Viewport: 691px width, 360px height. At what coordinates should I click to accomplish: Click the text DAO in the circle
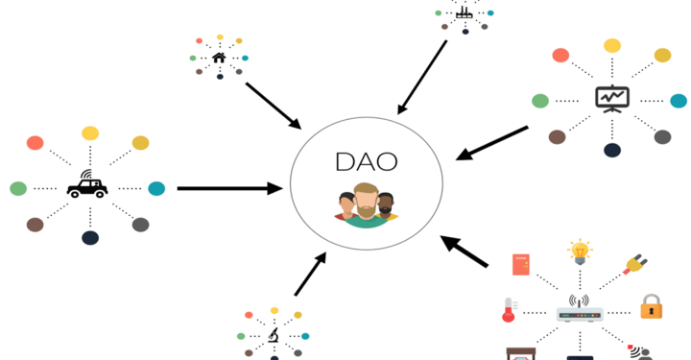366,161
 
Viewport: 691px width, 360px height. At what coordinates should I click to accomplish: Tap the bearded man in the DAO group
365,204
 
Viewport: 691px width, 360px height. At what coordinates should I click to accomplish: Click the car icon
87,186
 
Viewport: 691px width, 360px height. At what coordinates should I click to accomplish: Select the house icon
219,58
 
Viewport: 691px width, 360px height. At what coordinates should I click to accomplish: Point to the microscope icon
274,335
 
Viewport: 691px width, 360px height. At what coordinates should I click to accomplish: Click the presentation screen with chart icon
611,98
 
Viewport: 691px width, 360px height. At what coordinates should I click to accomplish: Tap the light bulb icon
580,252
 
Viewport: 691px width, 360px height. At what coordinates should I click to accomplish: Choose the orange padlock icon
652,307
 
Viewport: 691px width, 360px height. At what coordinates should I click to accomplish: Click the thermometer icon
509,309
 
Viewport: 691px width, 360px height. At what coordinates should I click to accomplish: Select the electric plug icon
634,263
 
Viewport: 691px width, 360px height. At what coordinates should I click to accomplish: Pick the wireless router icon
580,311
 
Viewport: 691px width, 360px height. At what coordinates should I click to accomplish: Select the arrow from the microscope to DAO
310,275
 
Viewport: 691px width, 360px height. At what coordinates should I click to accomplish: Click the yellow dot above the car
90,133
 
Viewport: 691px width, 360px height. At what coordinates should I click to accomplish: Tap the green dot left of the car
18,188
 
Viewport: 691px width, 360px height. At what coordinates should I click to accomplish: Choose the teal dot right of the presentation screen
679,101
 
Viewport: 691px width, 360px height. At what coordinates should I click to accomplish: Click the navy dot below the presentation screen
612,150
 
